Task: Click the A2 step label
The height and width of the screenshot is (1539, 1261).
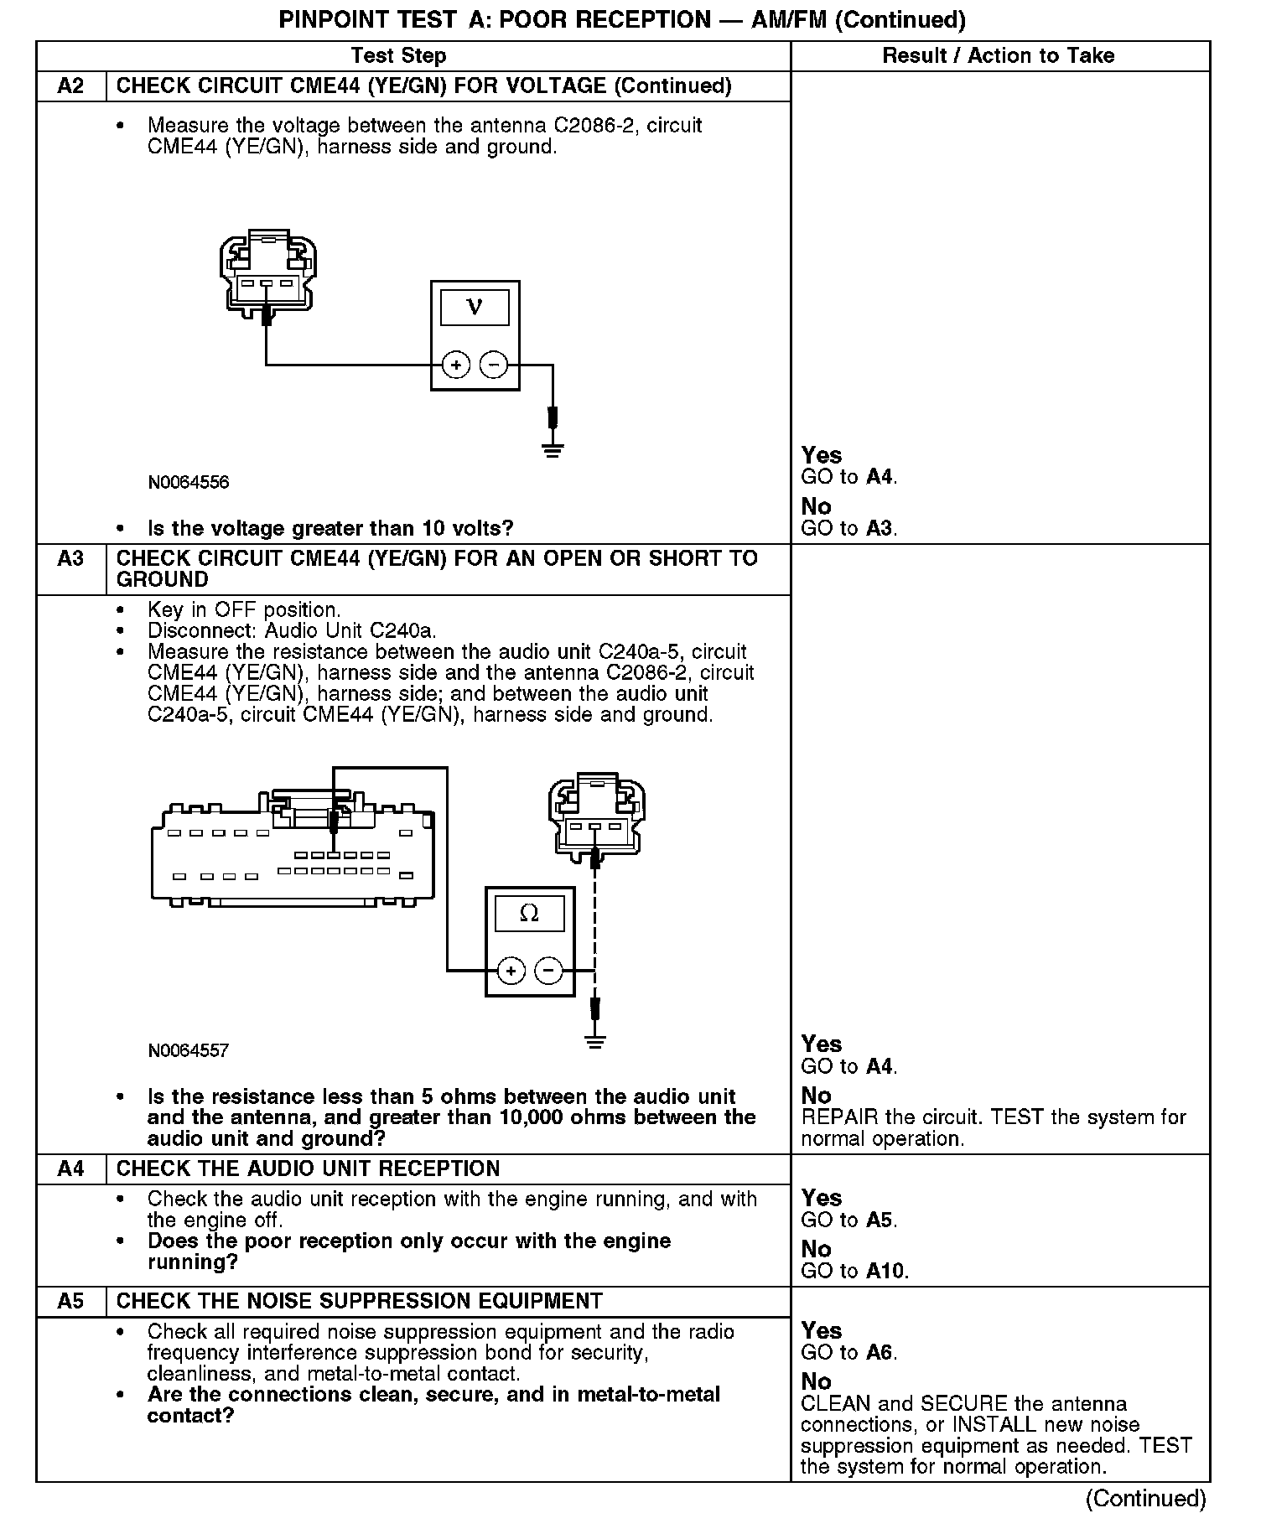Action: (x=70, y=86)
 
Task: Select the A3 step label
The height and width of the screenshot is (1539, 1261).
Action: (x=70, y=559)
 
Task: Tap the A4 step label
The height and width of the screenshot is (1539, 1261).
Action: (x=70, y=1169)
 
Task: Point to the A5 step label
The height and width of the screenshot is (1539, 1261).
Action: (x=70, y=1301)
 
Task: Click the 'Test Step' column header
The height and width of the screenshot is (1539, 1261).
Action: (x=398, y=56)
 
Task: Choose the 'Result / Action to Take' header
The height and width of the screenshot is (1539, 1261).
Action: (x=999, y=56)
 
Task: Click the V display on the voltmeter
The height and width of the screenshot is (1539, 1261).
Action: (x=475, y=308)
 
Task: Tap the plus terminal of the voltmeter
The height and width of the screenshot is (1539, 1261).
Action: (x=456, y=365)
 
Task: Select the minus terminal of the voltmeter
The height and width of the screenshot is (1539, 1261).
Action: (x=493, y=365)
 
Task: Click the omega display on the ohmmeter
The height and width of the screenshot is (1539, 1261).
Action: (x=530, y=913)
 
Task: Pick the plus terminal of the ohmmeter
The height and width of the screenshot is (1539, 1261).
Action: (x=511, y=971)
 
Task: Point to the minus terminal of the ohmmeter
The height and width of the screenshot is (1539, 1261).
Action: (x=548, y=971)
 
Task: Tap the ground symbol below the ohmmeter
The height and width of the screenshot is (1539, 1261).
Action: (x=595, y=1042)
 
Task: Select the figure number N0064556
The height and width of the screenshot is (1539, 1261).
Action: (x=189, y=483)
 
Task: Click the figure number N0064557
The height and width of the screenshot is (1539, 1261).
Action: (x=189, y=1051)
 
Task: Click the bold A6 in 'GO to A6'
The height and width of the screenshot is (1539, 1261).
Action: (x=879, y=1353)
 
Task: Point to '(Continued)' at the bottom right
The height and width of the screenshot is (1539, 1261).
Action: (x=1145, y=1498)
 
